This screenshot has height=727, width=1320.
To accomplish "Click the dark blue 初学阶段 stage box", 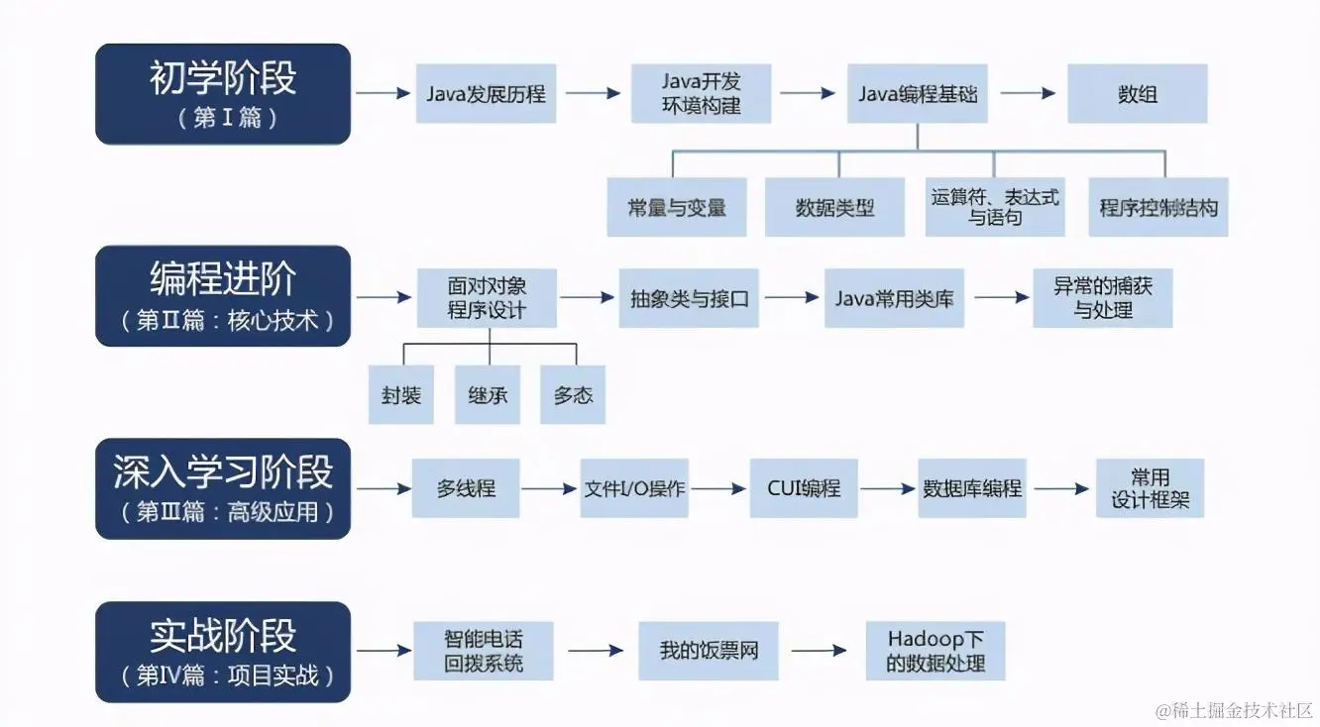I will [223, 94].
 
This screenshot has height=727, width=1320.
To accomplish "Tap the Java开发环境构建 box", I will [702, 94].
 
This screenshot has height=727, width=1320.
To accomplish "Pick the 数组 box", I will [1137, 94].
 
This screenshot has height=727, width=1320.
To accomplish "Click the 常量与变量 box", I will [677, 207].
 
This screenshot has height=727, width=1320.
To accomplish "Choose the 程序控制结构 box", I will [1158, 207].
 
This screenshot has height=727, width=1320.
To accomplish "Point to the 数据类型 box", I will [834, 207].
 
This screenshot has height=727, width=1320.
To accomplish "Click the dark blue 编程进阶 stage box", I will [223, 296].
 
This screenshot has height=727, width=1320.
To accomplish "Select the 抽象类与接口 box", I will [689, 298].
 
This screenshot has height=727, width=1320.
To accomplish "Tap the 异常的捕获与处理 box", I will [1103, 298].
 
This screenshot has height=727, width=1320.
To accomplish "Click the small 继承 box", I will [488, 394].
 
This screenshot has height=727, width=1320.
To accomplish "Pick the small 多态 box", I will [573, 394].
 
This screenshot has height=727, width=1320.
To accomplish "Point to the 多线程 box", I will [466, 488].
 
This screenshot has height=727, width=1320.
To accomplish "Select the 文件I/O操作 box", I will [634, 488].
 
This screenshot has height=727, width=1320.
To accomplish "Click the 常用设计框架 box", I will [1150, 488].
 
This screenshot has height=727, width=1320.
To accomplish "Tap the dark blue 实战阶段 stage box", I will [223, 652].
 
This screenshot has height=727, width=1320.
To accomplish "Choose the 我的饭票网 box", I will [709, 651].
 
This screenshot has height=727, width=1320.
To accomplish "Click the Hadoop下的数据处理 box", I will [935, 651].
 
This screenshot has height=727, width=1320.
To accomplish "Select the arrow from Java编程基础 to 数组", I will [1028, 93].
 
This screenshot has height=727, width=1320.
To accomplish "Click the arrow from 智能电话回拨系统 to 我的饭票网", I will [595, 651].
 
